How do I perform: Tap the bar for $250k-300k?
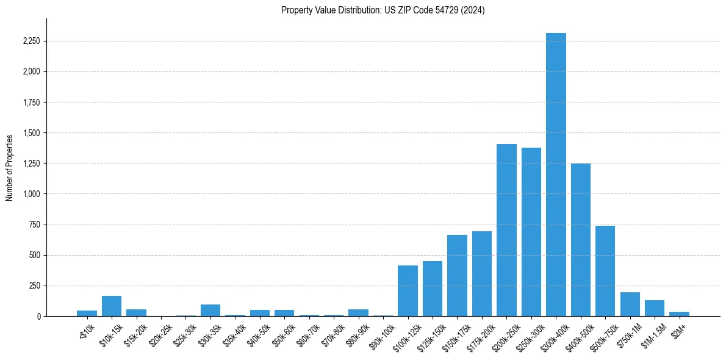click(531, 232)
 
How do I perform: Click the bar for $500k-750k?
click(605, 271)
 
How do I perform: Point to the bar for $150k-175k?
click(457, 275)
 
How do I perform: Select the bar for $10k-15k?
click(112, 306)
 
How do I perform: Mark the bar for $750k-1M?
click(630, 304)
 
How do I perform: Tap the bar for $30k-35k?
click(210, 310)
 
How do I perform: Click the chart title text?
click(383, 10)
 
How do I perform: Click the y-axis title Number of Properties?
click(10, 167)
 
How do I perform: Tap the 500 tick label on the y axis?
click(34, 255)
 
